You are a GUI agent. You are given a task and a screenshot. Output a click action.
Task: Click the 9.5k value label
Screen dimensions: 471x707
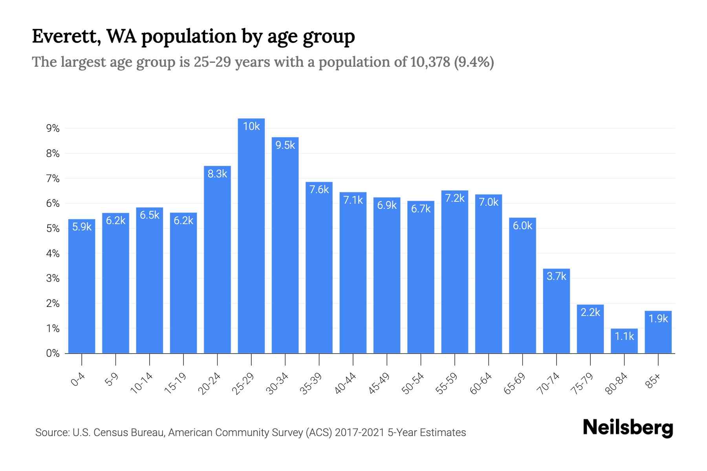[285, 145]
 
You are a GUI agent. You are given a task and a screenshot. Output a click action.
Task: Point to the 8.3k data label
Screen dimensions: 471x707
[217, 174]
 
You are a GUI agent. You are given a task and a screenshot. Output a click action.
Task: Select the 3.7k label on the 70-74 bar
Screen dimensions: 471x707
[557, 276]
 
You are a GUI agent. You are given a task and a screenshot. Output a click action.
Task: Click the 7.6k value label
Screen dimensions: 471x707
[319, 190]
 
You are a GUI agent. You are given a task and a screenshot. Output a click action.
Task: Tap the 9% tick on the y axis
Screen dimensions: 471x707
[53, 128]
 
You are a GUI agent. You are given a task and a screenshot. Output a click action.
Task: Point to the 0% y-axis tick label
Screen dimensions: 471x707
[53, 353]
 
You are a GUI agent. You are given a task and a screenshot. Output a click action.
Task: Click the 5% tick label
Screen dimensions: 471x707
[53, 228]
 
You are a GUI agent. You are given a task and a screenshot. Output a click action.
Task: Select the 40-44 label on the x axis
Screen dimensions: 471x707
[345, 383]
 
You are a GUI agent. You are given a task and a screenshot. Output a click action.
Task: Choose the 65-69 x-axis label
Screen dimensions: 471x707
[515, 383]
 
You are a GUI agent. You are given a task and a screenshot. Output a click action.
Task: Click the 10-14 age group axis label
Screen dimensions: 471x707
[142, 383]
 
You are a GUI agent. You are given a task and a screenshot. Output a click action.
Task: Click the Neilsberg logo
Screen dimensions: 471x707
[628, 428]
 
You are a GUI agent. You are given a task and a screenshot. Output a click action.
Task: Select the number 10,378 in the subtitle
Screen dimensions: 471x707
[430, 62]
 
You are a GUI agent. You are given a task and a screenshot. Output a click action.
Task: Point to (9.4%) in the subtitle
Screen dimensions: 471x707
[474, 62]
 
